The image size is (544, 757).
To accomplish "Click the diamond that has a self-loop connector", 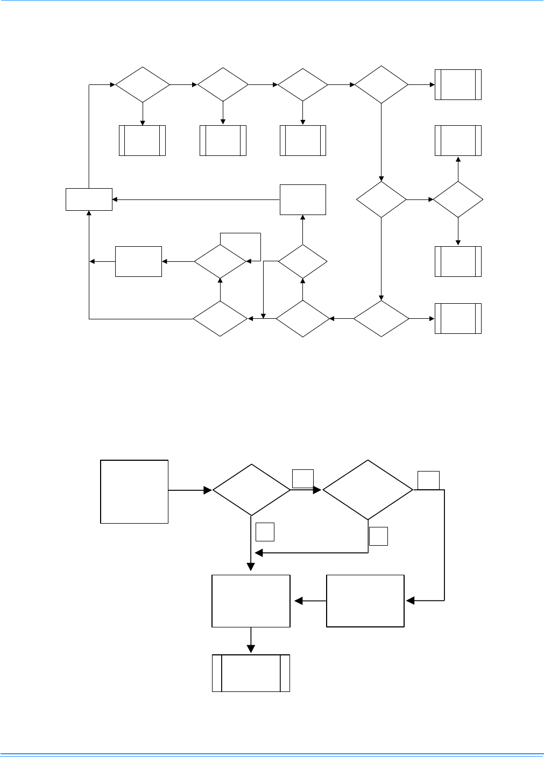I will [220, 262].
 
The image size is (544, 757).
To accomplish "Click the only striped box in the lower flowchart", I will [251, 673].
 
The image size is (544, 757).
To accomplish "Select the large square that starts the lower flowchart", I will [135, 491].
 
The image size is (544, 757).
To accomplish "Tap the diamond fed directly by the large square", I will [251, 490].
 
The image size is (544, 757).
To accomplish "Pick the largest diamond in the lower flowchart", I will [368, 490].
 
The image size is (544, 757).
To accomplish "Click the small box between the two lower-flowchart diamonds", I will [302, 479].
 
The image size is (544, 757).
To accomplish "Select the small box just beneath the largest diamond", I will [378, 536].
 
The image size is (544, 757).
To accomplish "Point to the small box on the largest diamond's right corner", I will [428, 480].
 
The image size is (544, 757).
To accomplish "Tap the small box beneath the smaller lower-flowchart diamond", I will [265, 532].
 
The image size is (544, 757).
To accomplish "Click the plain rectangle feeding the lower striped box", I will [251, 601].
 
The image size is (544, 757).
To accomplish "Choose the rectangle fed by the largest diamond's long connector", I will [365, 601].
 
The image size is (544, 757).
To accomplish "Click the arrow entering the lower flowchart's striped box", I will [251, 641].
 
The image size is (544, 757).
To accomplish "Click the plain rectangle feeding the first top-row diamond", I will [89, 199].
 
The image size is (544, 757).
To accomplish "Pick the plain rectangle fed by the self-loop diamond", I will [138, 262].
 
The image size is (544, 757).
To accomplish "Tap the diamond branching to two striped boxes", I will [458, 199].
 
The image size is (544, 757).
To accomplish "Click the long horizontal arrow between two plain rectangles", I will [196, 200].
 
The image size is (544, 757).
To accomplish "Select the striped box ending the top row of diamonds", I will [458, 84].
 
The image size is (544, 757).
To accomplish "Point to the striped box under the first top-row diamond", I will [142, 141].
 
